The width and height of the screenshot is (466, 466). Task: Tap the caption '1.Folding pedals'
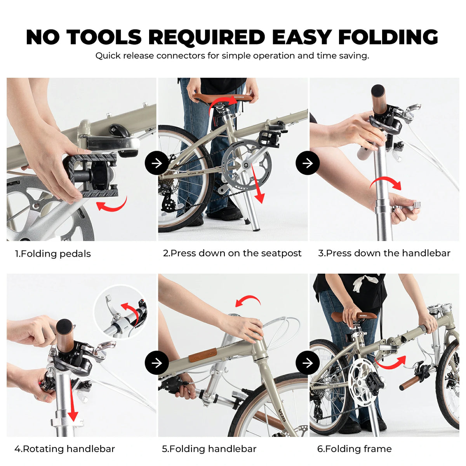pyautogui.click(x=53, y=254)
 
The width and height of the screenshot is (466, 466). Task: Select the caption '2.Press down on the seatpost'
pyautogui.click(x=232, y=253)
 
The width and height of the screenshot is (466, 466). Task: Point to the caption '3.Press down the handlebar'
pyautogui.click(x=384, y=253)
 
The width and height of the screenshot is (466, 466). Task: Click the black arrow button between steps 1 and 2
pyautogui.click(x=157, y=163)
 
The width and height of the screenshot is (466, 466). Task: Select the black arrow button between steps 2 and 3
pyautogui.click(x=308, y=163)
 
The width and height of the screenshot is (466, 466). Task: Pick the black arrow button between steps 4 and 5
pyautogui.click(x=157, y=363)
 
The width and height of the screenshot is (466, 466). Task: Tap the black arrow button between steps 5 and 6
pyautogui.click(x=308, y=363)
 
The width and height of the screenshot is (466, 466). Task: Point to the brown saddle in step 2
pyautogui.click(x=224, y=98)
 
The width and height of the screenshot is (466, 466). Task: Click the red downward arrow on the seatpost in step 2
pyautogui.click(x=257, y=184)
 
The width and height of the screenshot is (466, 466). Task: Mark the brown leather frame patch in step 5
pyautogui.click(x=203, y=355)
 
